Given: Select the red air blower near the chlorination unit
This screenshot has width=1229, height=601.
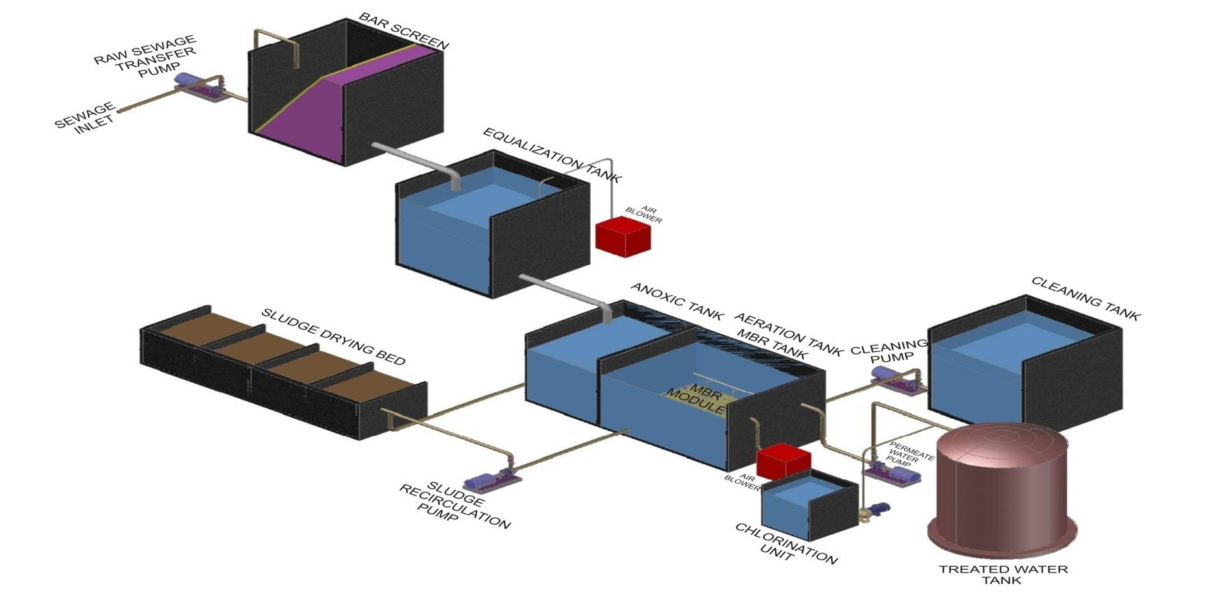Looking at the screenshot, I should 783,461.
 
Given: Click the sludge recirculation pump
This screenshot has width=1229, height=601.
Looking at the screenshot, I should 491,480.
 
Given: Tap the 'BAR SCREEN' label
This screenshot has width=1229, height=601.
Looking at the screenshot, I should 403,30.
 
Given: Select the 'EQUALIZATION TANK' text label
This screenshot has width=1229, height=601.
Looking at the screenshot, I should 552,155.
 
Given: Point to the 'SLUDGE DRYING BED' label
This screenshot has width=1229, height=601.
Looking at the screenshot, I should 333,336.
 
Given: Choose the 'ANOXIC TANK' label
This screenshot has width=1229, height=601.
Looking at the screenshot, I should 676,301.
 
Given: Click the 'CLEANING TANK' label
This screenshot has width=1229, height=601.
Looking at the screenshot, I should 1085,298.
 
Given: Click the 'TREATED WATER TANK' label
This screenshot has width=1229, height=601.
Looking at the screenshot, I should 1003,574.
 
